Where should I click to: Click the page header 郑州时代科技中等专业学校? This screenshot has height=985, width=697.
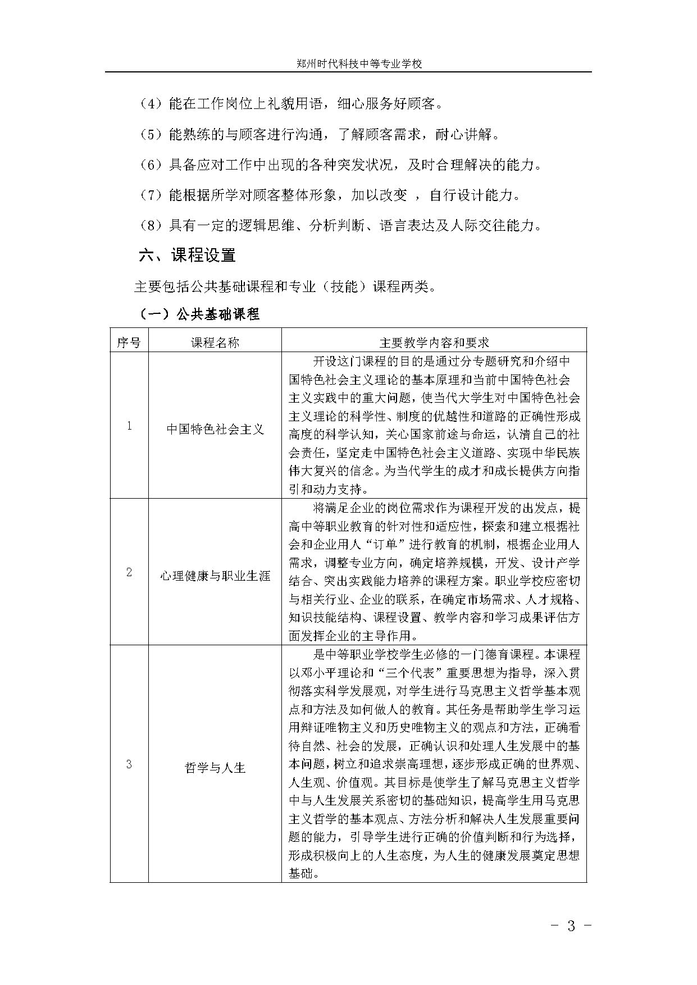pos(359,64)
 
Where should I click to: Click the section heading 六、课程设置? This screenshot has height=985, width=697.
pos(187,256)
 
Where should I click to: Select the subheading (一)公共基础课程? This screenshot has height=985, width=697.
pos(199,314)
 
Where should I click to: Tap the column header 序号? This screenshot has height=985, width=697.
pos(129,343)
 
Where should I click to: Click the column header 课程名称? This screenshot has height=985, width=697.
pos(215,343)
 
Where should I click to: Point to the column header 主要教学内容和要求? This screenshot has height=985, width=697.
pos(434,343)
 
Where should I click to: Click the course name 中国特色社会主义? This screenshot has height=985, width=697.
pos(215,430)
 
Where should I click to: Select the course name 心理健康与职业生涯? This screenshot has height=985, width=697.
pos(215,576)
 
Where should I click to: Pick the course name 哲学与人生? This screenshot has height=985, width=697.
pos(215,768)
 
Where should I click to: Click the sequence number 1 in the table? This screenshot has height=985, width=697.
pos(129,426)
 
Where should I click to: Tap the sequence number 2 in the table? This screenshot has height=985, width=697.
pos(129,573)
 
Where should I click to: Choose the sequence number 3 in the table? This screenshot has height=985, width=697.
pos(129,764)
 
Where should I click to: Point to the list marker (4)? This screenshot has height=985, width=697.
pos(151,104)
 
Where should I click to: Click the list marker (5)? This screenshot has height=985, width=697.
pos(151,135)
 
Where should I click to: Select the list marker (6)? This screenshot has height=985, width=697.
pos(151,165)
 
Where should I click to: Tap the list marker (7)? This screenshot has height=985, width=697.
pos(151,195)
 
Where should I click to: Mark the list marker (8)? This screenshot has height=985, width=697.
pos(151,226)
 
